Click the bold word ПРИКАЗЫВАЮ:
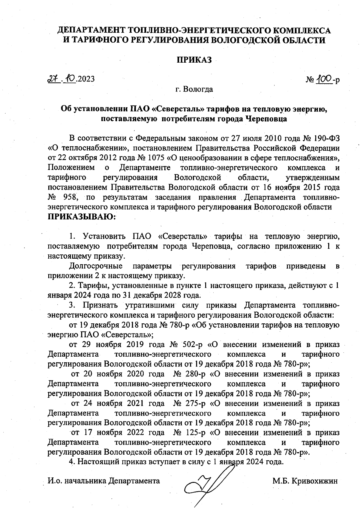(82, 217)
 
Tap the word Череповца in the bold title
(266, 119)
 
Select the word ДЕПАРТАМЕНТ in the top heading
(91, 31)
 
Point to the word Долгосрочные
(96, 266)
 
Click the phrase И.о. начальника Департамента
(104, 481)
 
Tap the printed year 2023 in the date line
(86, 79)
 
